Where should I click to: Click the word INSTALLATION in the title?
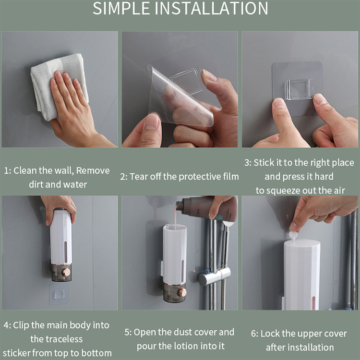coord(212,9)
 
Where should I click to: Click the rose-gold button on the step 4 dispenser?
coord(66,272)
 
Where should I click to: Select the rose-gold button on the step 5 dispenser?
coord(182,292)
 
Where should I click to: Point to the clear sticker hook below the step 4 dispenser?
coord(59,294)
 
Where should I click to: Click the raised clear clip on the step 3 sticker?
coord(299,90)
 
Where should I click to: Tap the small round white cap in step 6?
coord(293,235)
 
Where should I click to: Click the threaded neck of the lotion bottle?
coord(180,206)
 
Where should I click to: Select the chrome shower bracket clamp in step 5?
coord(214,276)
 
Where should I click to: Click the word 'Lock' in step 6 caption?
coord(270,334)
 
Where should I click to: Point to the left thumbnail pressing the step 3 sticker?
coord(279,103)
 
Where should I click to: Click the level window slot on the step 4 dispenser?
coord(66,252)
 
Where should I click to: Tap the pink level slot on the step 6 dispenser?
coord(313,303)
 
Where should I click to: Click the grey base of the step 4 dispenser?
coord(61,273)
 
